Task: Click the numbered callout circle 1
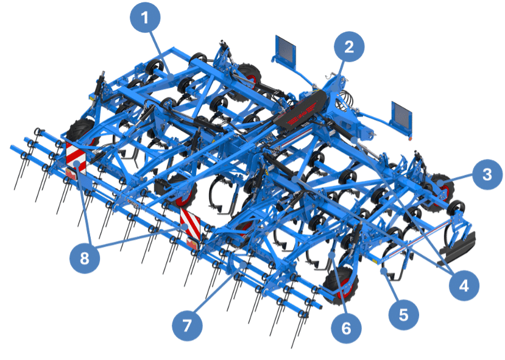click(145, 17)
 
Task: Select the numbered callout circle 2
click(350, 47)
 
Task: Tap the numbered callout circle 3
click(487, 174)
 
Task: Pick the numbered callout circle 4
click(464, 285)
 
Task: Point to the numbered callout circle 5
click(403, 314)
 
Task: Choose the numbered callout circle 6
click(346, 328)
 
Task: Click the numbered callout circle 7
click(187, 325)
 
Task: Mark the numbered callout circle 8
click(85, 258)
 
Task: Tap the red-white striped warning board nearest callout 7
click(190, 224)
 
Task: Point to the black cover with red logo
click(300, 110)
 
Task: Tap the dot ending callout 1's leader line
click(171, 77)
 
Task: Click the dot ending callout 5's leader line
click(383, 271)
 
